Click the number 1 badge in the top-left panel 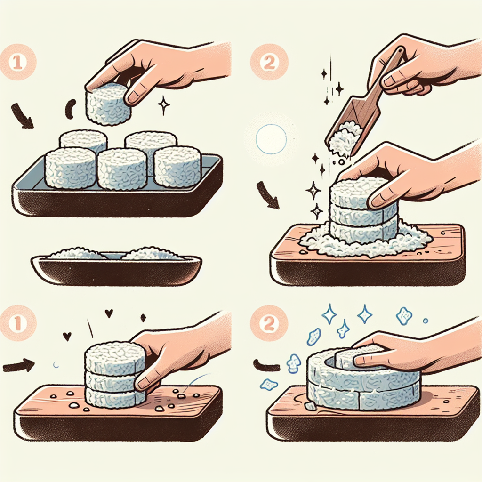click(x=18, y=62)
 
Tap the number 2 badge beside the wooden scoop click(x=269, y=62)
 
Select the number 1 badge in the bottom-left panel click(x=18, y=323)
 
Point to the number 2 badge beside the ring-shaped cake click(x=269, y=323)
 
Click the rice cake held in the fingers click(x=106, y=104)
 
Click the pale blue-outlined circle click(x=271, y=139)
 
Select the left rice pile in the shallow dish click(x=77, y=254)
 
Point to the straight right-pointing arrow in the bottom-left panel click(x=18, y=365)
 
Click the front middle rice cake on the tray click(x=122, y=169)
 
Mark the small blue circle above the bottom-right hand click(x=426, y=321)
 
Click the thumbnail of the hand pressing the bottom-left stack click(x=144, y=382)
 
